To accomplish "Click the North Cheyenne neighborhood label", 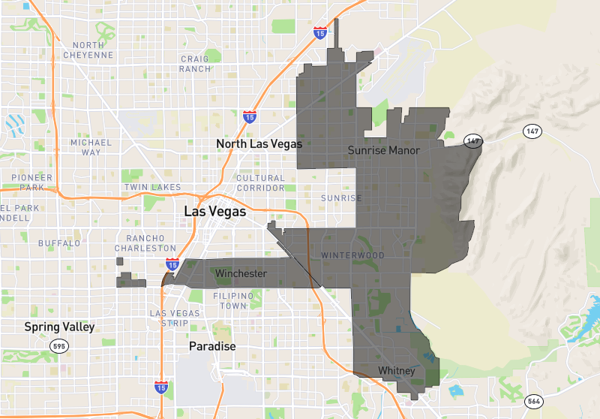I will click(x=88, y=50).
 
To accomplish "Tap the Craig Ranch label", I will click(x=195, y=64).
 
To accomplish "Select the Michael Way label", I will click(x=91, y=147).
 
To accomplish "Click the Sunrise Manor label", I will click(x=383, y=151).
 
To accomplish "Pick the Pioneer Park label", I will click(x=32, y=182).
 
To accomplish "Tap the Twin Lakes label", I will click(x=152, y=187).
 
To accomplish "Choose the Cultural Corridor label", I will click(x=260, y=183).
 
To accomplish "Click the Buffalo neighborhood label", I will click(x=59, y=243).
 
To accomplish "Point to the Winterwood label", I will click(x=352, y=255).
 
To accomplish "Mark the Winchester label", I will click(x=240, y=274).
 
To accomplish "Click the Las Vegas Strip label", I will click(x=175, y=318).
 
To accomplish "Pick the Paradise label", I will click(x=212, y=347).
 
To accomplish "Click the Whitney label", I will click(x=396, y=371).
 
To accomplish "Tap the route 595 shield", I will click(x=59, y=346).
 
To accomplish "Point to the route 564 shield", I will click(x=533, y=400).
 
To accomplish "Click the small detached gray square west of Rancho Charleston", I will click(x=120, y=261).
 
